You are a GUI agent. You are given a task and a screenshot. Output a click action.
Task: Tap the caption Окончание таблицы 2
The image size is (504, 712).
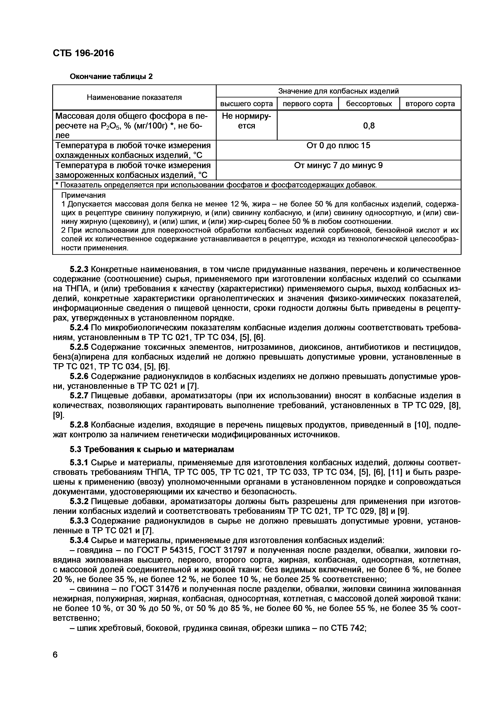pos(111,76)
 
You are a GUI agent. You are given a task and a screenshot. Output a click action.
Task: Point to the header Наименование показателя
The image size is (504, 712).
pos(134,97)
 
